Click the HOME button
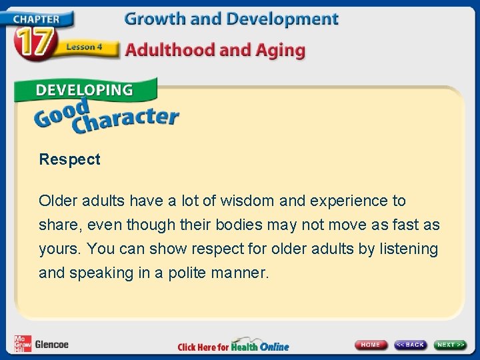tap(371, 345)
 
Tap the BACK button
tap(410, 345)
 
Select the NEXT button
tap(451, 345)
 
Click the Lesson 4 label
tap(83, 47)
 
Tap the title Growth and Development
tap(231, 19)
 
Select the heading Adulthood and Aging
tap(215, 50)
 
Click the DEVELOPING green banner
tap(84, 90)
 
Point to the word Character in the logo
tap(127, 119)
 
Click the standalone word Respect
tap(69, 159)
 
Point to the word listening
tap(409, 249)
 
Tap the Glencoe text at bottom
tap(51, 345)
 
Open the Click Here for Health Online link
tap(233, 346)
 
